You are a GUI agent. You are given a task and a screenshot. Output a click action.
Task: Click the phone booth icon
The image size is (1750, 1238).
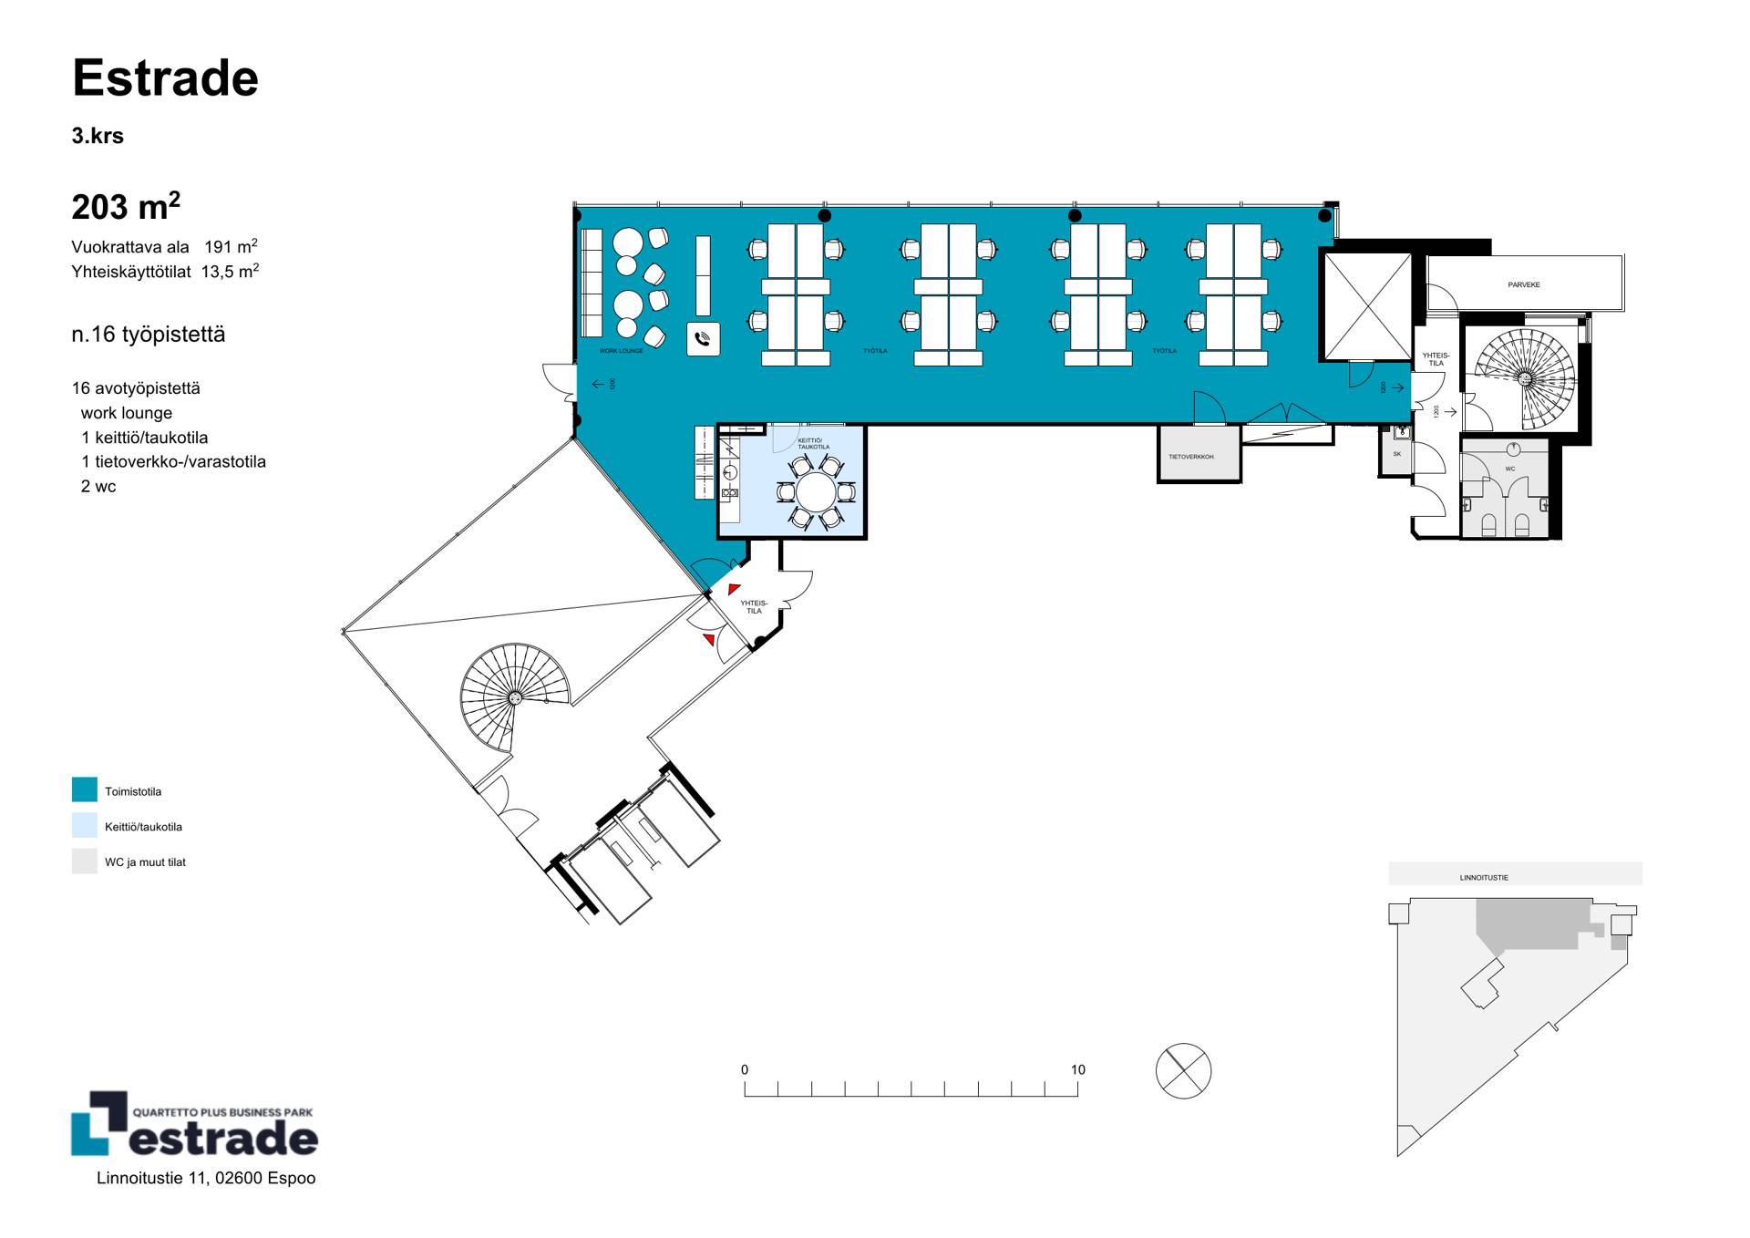(x=703, y=339)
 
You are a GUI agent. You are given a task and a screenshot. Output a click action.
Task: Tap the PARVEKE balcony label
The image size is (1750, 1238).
(x=1524, y=285)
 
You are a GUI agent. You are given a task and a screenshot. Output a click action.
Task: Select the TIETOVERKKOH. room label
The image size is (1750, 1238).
(x=1191, y=457)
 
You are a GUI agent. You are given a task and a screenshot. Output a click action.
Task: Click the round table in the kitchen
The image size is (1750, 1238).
(x=816, y=492)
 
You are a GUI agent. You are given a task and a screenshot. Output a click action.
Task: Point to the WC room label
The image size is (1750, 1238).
(x=1510, y=469)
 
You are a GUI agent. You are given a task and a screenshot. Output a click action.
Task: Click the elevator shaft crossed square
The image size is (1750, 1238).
(x=1368, y=307)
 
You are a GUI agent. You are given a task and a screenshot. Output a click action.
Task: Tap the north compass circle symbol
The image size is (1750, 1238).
(x=1183, y=1070)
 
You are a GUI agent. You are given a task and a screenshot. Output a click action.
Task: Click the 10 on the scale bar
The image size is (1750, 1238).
(x=1078, y=1070)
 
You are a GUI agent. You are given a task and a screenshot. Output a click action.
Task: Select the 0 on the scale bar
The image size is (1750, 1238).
(x=745, y=1070)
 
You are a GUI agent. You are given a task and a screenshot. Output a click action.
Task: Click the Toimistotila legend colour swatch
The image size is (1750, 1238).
(x=85, y=790)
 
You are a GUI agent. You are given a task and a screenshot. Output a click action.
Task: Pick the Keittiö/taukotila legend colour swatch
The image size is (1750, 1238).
(x=85, y=826)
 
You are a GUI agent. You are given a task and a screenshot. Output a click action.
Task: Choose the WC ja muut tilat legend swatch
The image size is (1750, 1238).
(x=85, y=861)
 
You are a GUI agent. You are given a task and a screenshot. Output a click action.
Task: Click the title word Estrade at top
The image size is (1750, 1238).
(x=166, y=78)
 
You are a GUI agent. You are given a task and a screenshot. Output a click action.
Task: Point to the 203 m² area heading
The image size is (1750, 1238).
(x=126, y=207)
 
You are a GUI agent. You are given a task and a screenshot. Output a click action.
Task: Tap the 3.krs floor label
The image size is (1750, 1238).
(x=98, y=137)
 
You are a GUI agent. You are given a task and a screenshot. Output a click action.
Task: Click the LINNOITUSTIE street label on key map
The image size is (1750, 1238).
(x=1484, y=878)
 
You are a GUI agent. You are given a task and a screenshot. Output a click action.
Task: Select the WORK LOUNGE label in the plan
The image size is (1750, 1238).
(x=621, y=351)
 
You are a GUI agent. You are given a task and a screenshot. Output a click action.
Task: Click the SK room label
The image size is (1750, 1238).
(x=1397, y=454)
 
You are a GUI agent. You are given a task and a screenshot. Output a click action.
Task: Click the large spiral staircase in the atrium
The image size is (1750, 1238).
(x=514, y=697)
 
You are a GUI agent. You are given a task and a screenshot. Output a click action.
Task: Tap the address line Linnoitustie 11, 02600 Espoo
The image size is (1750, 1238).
(x=206, y=1179)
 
